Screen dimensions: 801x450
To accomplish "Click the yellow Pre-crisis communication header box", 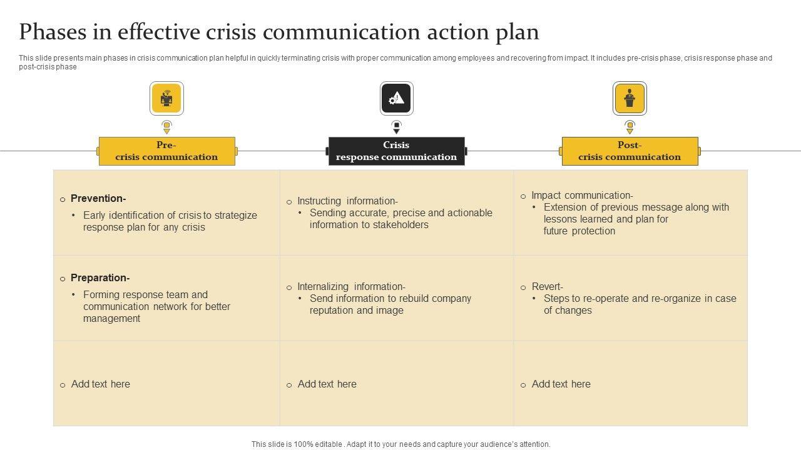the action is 166,151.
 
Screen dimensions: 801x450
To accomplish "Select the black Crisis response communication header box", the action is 396,151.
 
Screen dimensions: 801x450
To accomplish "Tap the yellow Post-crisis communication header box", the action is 630,151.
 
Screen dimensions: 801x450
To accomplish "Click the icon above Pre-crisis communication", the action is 166,98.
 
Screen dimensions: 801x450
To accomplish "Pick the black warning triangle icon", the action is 397,98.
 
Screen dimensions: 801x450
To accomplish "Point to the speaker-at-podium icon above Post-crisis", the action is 630,98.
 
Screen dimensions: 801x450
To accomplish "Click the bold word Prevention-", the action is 98,199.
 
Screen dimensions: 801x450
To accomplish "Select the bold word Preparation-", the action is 100,278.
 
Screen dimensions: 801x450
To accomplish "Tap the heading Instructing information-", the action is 347,201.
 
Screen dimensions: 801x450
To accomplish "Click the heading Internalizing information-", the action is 351,287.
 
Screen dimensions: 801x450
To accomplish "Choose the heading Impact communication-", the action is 582,196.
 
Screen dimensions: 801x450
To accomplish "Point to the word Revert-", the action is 547,287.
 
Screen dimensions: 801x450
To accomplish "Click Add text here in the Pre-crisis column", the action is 100,384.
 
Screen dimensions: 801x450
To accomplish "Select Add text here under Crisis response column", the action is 327,384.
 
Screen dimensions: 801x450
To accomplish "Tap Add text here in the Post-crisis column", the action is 561,384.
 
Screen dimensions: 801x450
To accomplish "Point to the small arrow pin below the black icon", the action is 397,127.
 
